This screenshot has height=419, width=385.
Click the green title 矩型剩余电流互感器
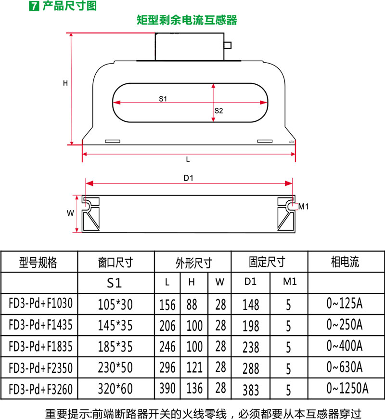point(187,20)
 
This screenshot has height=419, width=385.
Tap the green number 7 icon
point(34,6)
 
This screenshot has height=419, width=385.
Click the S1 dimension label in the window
point(163,99)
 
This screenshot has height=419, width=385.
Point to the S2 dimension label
point(218,111)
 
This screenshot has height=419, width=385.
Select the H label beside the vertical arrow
point(65,83)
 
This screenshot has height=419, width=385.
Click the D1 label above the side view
point(189,178)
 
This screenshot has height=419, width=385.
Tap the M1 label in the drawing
point(303,206)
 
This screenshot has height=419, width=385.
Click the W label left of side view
point(70,213)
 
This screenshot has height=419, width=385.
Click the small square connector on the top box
point(228,45)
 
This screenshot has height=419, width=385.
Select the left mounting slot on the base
point(113,141)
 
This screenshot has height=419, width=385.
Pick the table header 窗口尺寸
point(115,262)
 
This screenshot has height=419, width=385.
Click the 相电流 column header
point(345,262)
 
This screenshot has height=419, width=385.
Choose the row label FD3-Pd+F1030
point(40,303)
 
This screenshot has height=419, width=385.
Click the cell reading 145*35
point(115,326)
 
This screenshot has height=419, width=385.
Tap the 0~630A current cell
point(345,367)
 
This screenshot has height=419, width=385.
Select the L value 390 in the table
point(167,388)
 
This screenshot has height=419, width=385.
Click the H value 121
point(194,367)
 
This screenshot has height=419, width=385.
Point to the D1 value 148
point(251,305)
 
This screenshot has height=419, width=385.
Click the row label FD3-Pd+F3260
point(40,389)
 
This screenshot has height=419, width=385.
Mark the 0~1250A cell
point(347,388)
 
